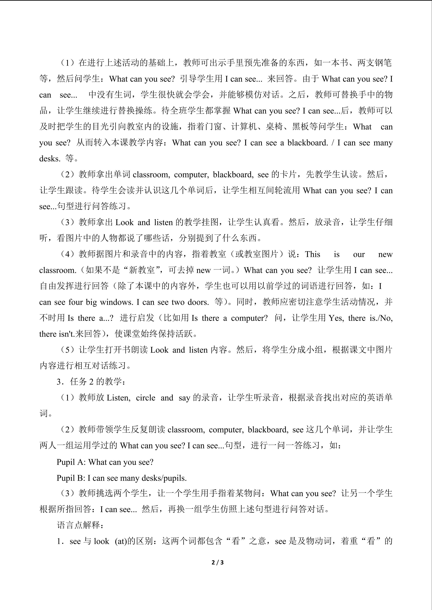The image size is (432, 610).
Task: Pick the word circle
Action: [x=146, y=398]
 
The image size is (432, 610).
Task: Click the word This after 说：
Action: [x=313, y=254]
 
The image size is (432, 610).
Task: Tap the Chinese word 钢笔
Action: [x=383, y=63]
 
